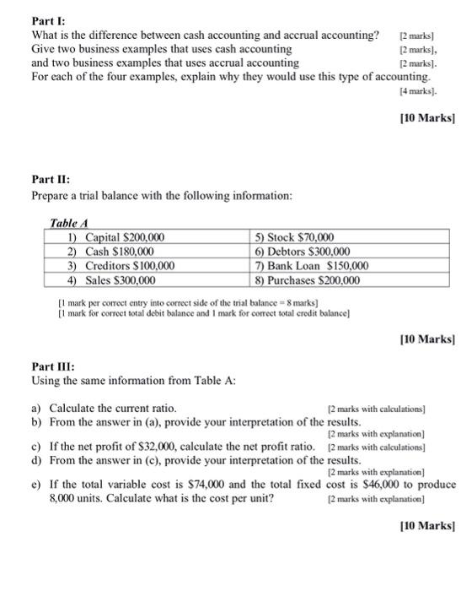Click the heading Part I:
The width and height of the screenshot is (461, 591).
coord(48,20)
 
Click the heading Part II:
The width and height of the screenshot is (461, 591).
coord(51,180)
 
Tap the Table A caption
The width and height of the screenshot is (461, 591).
coord(70,222)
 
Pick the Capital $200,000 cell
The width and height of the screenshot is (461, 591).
coord(117,237)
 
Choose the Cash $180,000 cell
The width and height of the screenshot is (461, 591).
coord(110,252)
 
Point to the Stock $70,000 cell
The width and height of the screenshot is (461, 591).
coord(300,237)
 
